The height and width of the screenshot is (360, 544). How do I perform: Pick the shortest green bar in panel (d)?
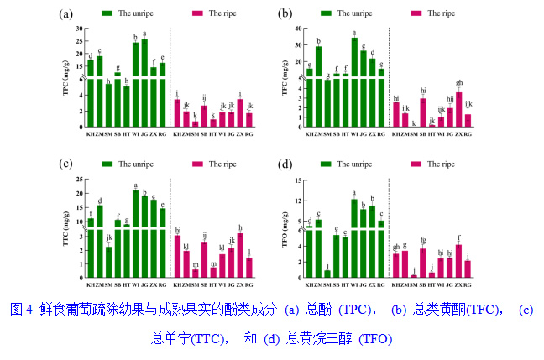327,273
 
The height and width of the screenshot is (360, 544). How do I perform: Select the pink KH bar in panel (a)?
177,112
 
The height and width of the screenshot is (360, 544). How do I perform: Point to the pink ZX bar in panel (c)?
240,255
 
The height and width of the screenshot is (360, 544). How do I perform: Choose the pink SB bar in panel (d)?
422,263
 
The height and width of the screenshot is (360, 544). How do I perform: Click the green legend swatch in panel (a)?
107,14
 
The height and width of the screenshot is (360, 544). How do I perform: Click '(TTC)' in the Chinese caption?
199,339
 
